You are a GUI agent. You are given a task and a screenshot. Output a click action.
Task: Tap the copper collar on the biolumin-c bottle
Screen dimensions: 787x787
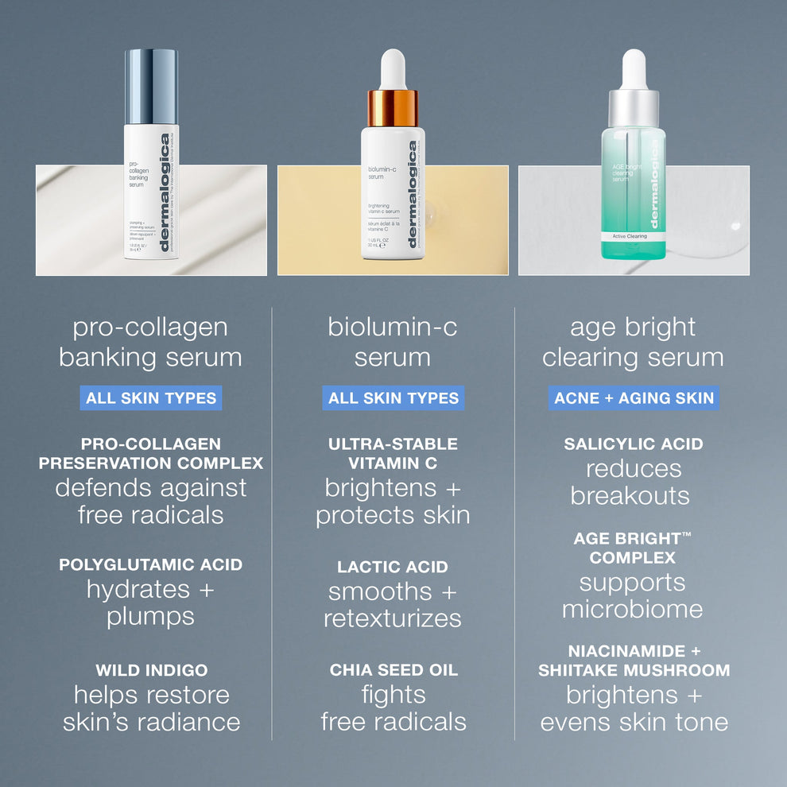[x=393, y=108]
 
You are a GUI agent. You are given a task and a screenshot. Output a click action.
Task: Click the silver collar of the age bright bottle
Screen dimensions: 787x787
[x=634, y=108]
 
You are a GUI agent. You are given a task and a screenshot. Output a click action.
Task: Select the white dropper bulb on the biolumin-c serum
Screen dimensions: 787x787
[x=393, y=69]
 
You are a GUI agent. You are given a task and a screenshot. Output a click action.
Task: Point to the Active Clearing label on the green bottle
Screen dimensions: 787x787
[x=630, y=236]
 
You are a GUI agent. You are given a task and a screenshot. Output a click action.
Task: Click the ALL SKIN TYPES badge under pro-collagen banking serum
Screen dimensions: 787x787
[x=150, y=398]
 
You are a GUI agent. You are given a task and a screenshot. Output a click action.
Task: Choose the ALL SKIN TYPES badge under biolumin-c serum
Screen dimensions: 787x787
[x=393, y=398]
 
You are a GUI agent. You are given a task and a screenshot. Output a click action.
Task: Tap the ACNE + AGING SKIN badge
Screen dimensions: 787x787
[x=634, y=398]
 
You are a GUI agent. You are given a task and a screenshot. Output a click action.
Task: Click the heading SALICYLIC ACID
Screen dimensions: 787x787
[x=634, y=444]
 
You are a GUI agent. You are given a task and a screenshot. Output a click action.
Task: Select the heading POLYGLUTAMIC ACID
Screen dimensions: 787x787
[x=150, y=565]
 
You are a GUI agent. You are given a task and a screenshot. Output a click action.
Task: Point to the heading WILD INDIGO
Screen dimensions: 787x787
[x=152, y=670]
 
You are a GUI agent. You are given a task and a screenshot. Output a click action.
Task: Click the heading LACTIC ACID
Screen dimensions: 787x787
[x=393, y=567]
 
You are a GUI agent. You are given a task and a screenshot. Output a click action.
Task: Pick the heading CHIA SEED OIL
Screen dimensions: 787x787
[x=393, y=670]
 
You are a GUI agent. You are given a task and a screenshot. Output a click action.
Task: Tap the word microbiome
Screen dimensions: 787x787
[x=633, y=610]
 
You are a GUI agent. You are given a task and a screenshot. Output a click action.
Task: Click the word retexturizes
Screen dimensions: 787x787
[x=393, y=618]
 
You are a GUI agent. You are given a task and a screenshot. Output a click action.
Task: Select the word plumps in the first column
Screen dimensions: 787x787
[x=150, y=617]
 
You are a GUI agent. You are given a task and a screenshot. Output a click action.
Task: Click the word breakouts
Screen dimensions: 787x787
[x=630, y=496]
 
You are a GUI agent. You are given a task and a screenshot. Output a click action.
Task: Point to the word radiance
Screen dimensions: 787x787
[x=196, y=722]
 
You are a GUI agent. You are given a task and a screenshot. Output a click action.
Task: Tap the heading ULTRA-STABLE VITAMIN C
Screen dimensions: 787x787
[x=393, y=453]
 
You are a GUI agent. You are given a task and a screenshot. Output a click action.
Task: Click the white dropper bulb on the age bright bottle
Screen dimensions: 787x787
[x=634, y=69]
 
